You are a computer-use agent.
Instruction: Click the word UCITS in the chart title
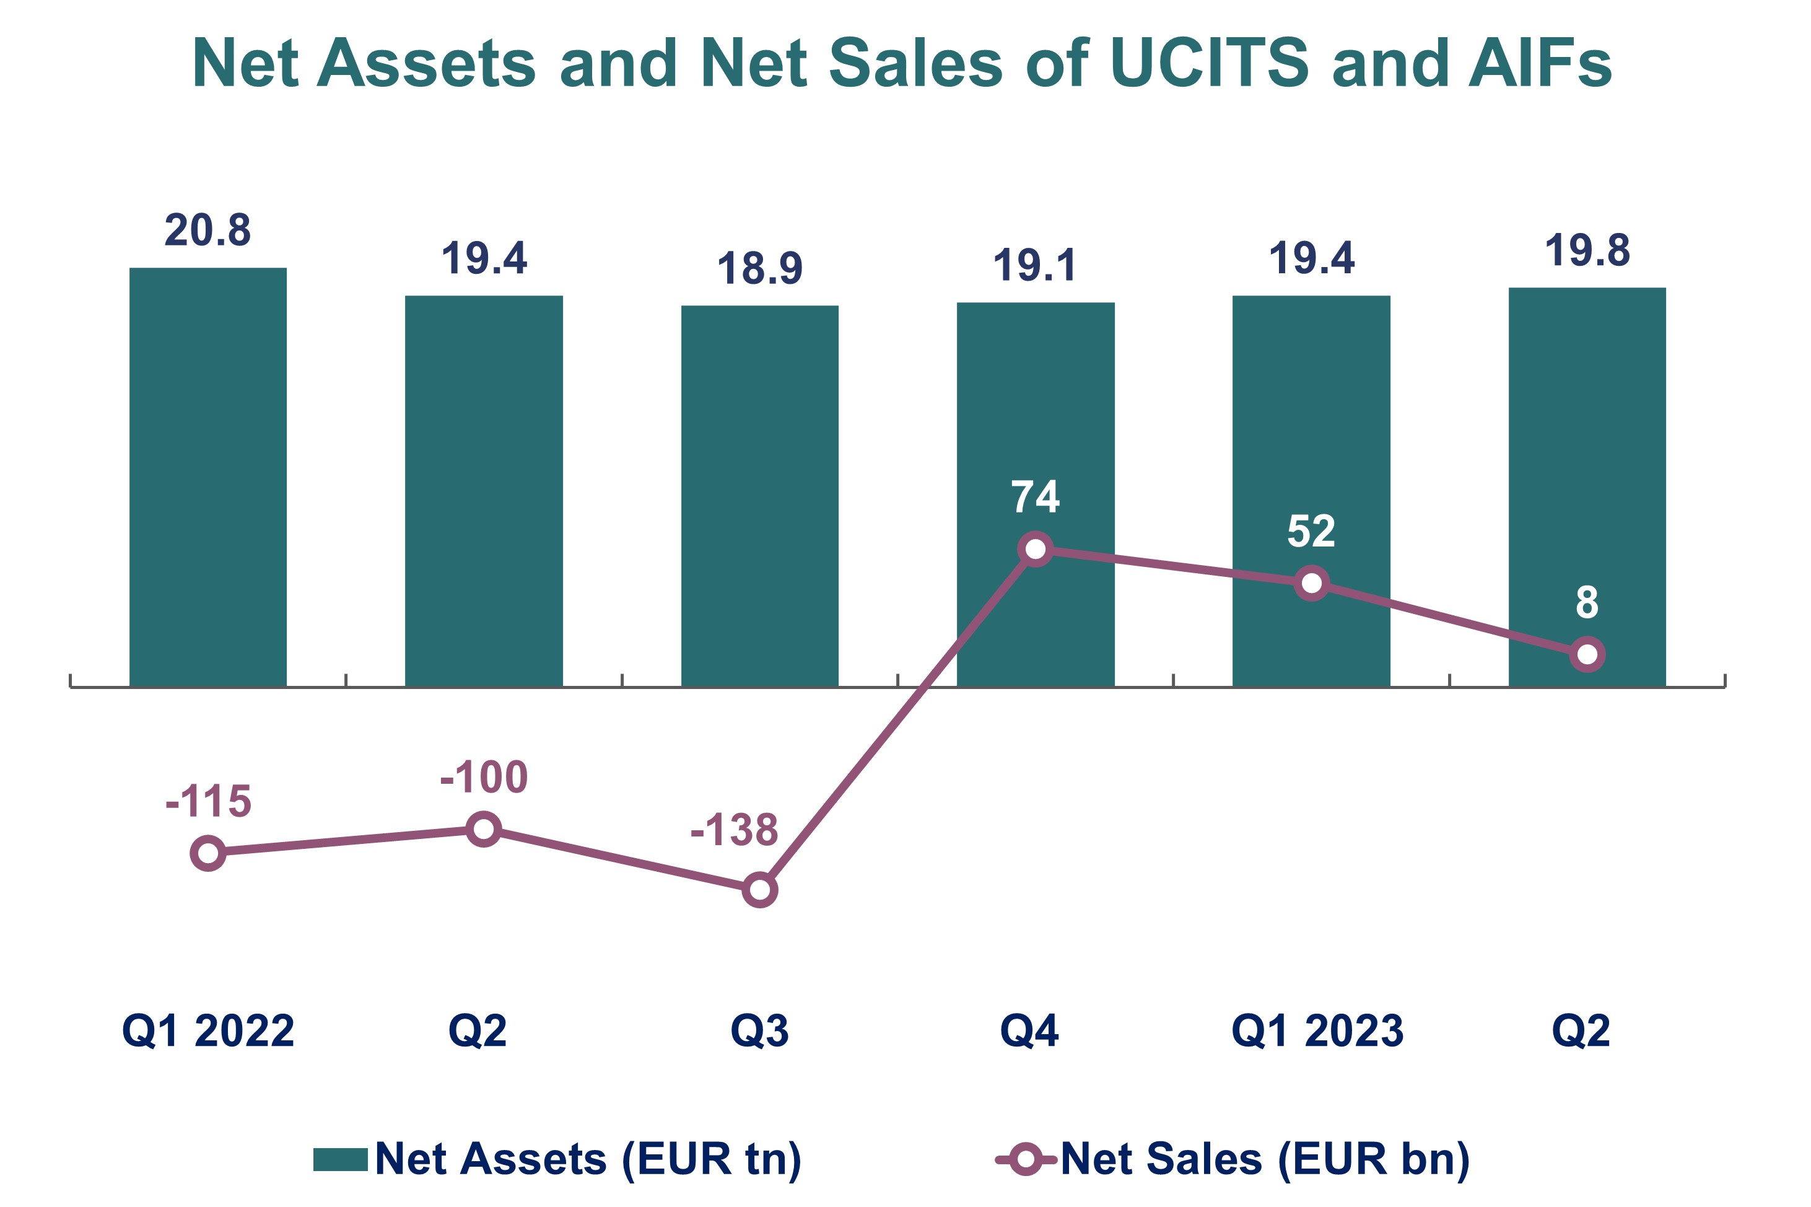point(1208,63)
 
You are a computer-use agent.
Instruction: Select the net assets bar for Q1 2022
point(207,477)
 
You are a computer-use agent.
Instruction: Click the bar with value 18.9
point(759,496)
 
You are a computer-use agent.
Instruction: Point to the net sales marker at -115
point(207,853)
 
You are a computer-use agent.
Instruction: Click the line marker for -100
point(484,829)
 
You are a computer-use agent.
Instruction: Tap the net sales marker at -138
point(759,890)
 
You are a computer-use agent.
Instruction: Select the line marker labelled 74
point(1036,549)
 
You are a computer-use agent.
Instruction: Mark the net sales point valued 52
point(1311,584)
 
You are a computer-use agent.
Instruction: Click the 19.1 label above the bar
point(1035,266)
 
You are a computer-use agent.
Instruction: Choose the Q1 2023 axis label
point(1317,1032)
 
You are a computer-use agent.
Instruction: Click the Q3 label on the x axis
point(759,1032)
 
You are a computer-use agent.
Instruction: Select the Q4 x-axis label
point(1029,1032)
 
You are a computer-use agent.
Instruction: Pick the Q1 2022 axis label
point(207,1032)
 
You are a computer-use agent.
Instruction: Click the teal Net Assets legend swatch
point(340,1159)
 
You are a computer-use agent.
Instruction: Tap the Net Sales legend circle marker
point(1026,1159)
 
